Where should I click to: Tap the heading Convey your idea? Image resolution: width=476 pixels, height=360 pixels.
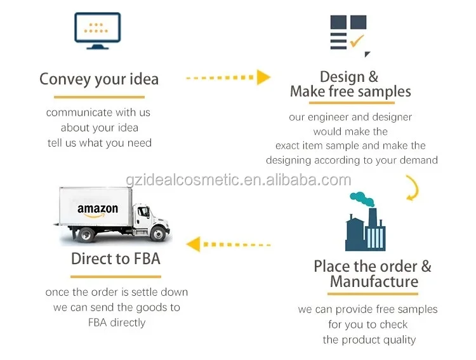[x=99, y=79]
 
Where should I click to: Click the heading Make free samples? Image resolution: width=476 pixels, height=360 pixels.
[x=350, y=91]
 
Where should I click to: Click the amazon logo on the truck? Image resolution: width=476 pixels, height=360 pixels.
[x=98, y=210]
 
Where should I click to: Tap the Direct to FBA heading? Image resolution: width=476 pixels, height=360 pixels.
[x=116, y=258]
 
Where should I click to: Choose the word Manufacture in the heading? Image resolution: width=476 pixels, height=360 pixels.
[x=374, y=281]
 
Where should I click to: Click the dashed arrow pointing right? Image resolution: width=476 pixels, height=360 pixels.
[x=228, y=77]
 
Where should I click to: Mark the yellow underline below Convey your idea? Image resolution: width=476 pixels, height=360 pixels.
[x=99, y=97]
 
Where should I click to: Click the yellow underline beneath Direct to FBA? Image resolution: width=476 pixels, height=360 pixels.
[x=116, y=276]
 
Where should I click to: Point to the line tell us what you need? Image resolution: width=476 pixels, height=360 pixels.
[x=100, y=143]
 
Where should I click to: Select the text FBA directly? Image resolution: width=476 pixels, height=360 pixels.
[x=117, y=323]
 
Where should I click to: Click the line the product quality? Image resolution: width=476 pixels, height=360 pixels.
[x=369, y=340]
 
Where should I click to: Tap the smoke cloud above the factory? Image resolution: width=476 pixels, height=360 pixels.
[x=363, y=197]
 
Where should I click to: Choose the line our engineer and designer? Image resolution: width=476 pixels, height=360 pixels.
[x=350, y=117]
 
